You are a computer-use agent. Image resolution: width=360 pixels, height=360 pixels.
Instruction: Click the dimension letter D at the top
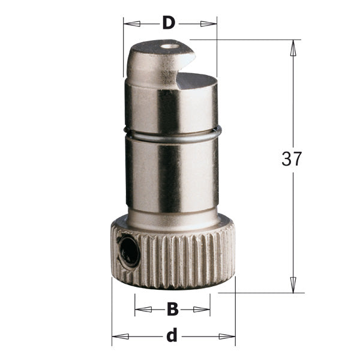[x=169, y=23]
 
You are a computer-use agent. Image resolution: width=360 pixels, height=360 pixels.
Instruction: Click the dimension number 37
[x=292, y=159]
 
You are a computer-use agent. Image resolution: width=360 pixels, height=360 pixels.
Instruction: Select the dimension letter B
[x=172, y=310]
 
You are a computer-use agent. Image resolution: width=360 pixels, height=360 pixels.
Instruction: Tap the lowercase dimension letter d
[x=172, y=336]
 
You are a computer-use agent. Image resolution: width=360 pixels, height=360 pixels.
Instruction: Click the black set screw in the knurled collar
[x=128, y=250]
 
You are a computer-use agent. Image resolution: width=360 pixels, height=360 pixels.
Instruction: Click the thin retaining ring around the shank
[x=173, y=136]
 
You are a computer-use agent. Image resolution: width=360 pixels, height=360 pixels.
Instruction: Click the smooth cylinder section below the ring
[x=173, y=177]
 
